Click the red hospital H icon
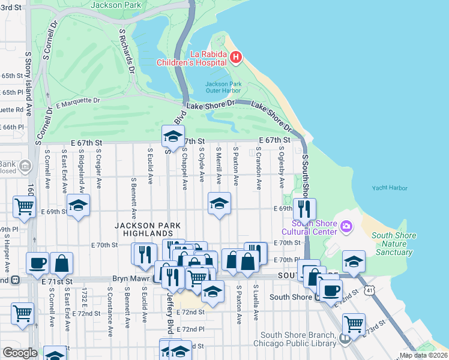[235, 58]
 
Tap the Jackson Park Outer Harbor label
[223, 88]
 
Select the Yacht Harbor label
[389, 188]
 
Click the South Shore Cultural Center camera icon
[346, 226]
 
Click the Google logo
[20, 353]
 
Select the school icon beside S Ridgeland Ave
[78, 205]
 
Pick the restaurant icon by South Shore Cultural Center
[304, 209]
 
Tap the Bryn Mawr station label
[131, 279]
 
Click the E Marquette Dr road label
[77, 103]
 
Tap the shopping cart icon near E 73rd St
[354, 324]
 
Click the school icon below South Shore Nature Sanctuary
[354, 261]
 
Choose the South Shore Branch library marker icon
[345, 340]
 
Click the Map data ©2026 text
[423, 355]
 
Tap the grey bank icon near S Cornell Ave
[25, 166]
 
